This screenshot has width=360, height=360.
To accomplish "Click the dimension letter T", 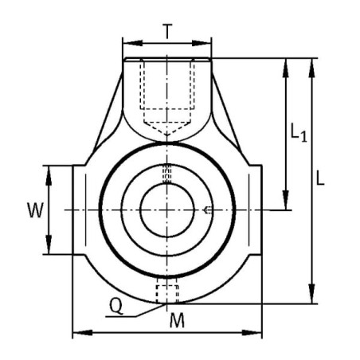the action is [x=167, y=31].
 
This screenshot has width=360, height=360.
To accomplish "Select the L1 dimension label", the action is [x=299, y=131].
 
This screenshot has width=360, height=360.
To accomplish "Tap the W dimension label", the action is [x=36, y=210].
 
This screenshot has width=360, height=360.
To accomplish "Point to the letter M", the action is [x=177, y=320].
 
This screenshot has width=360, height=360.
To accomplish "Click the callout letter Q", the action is [x=116, y=306].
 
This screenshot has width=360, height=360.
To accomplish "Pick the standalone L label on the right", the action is [x=320, y=178].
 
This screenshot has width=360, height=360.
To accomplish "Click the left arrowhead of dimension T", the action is [x=133, y=43].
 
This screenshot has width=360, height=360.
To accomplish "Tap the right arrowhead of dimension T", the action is [x=202, y=43].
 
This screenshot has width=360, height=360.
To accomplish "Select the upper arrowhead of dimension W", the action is [x=49, y=175].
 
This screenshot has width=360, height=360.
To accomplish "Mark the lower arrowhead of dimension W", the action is [x=49, y=245].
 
